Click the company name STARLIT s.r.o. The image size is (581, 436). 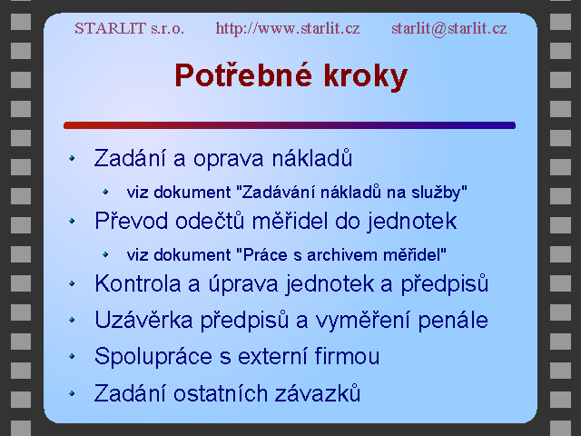[x=129, y=28]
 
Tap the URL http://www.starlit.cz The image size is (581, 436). [x=288, y=28]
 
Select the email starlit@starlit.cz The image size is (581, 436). [x=448, y=28]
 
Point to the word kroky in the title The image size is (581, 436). [x=365, y=76]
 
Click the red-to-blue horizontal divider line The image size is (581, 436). [x=290, y=125]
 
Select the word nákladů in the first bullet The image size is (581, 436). [x=312, y=158]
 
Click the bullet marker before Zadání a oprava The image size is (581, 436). [x=72, y=158]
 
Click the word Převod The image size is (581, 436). [x=131, y=221]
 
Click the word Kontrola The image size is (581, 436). [x=138, y=283]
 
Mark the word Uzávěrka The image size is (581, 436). [x=143, y=320]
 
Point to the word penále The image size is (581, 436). [x=453, y=321]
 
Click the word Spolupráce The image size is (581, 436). [x=153, y=357]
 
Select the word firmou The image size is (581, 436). [x=347, y=356]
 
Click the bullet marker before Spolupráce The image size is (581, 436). [x=72, y=356]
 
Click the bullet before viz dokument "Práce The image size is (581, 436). [x=105, y=254]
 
